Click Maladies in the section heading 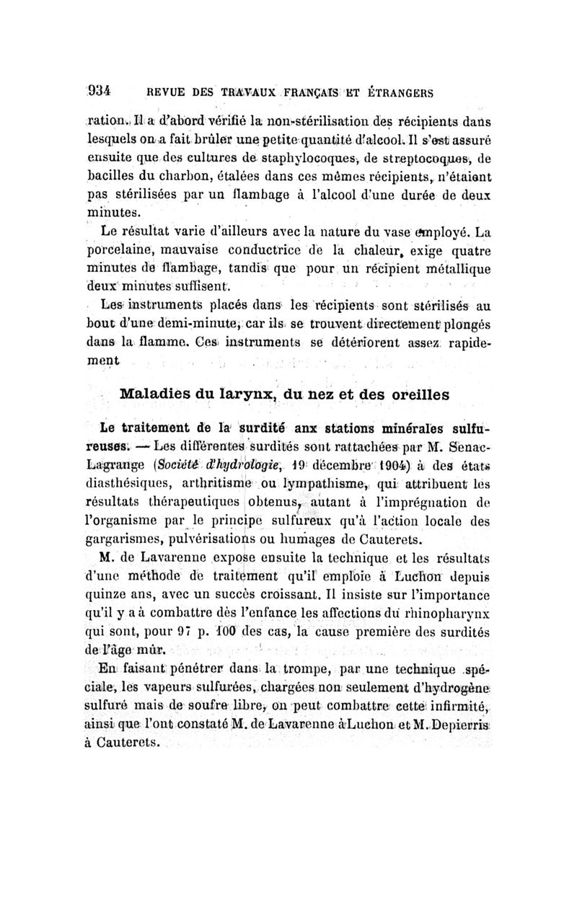click(154, 394)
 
